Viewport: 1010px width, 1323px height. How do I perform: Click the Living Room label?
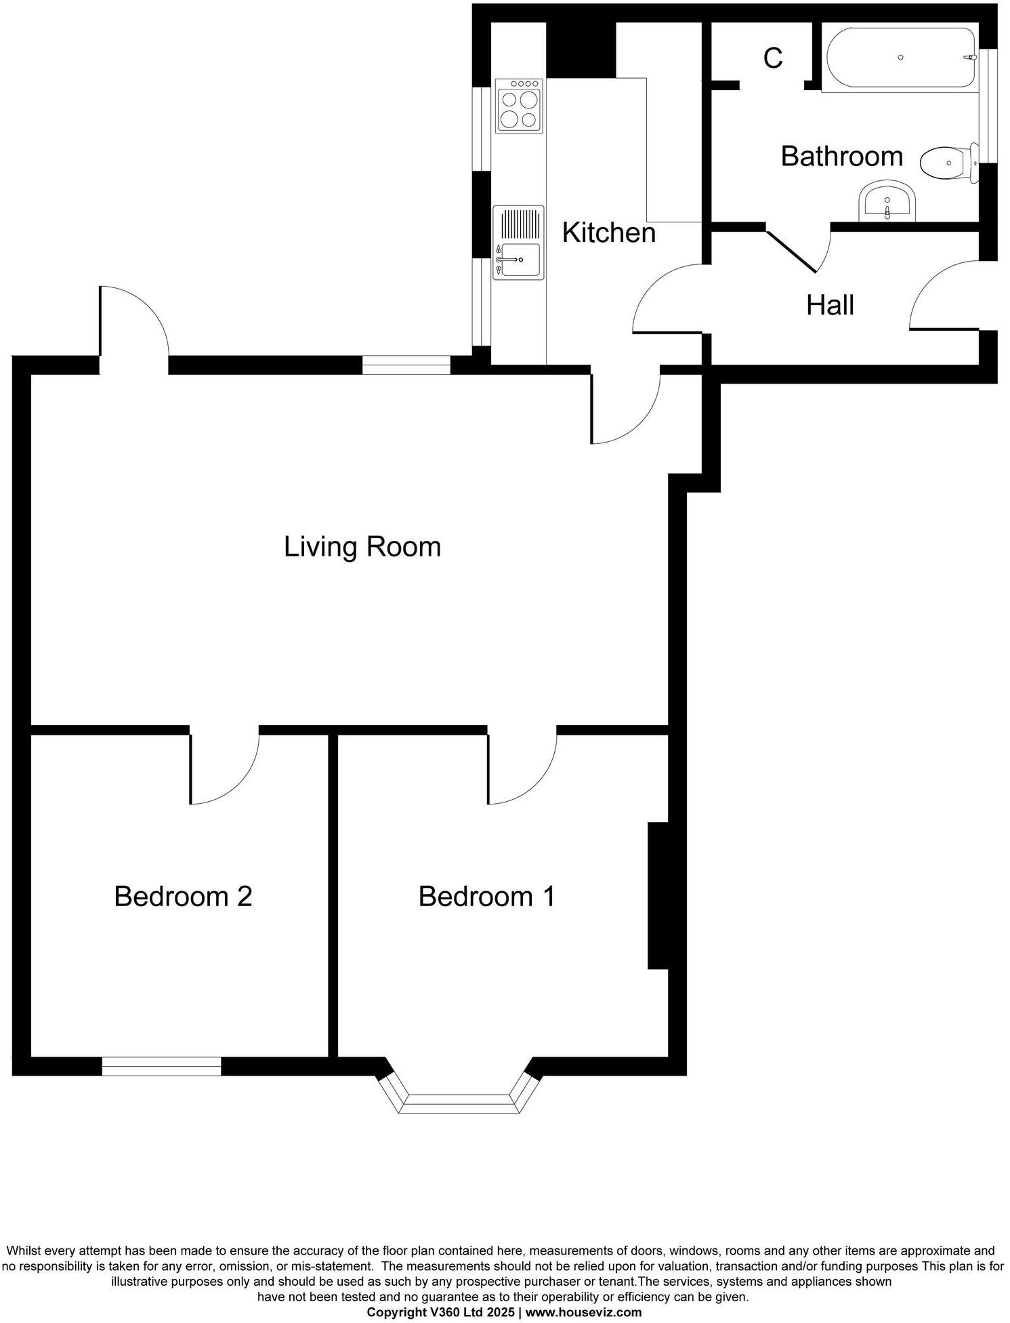coord(362,547)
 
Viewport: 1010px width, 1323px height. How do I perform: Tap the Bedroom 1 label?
coord(486,896)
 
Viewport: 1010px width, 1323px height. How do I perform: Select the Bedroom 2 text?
coord(183,896)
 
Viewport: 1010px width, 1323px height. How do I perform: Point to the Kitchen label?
coord(609,232)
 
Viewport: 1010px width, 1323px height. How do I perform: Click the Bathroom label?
coord(841,156)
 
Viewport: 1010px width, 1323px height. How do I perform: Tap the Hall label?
coord(830,305)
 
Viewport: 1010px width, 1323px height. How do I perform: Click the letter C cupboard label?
coord(773,59)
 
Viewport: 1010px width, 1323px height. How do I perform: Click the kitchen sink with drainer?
coord(519,242)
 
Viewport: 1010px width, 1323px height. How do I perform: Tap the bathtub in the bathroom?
coord(900,58)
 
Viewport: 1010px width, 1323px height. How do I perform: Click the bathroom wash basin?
coord(887,201)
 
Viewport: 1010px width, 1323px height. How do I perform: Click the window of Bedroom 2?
coord(161,1066)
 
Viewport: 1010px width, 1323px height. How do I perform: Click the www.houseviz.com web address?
coord(583,1311)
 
